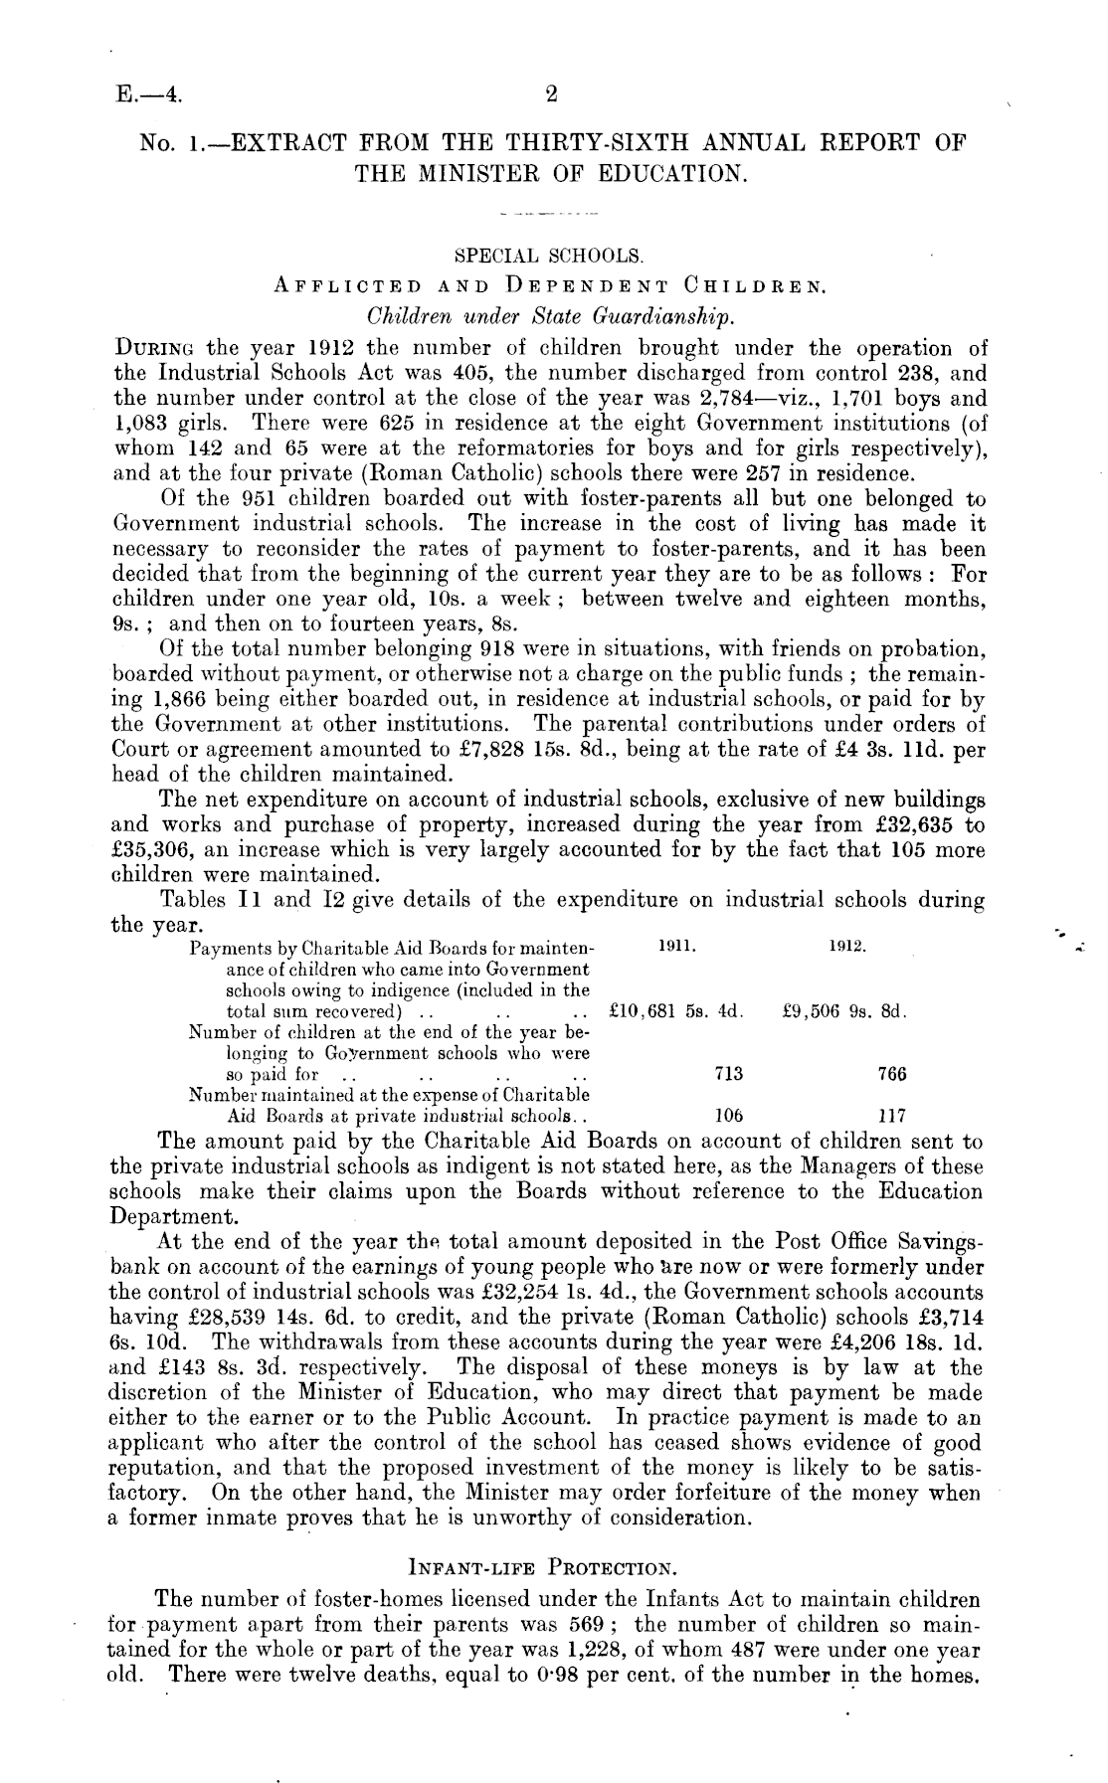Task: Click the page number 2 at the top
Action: (552, 95)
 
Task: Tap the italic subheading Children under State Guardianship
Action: (552, 318)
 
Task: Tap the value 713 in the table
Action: (729, 1074)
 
